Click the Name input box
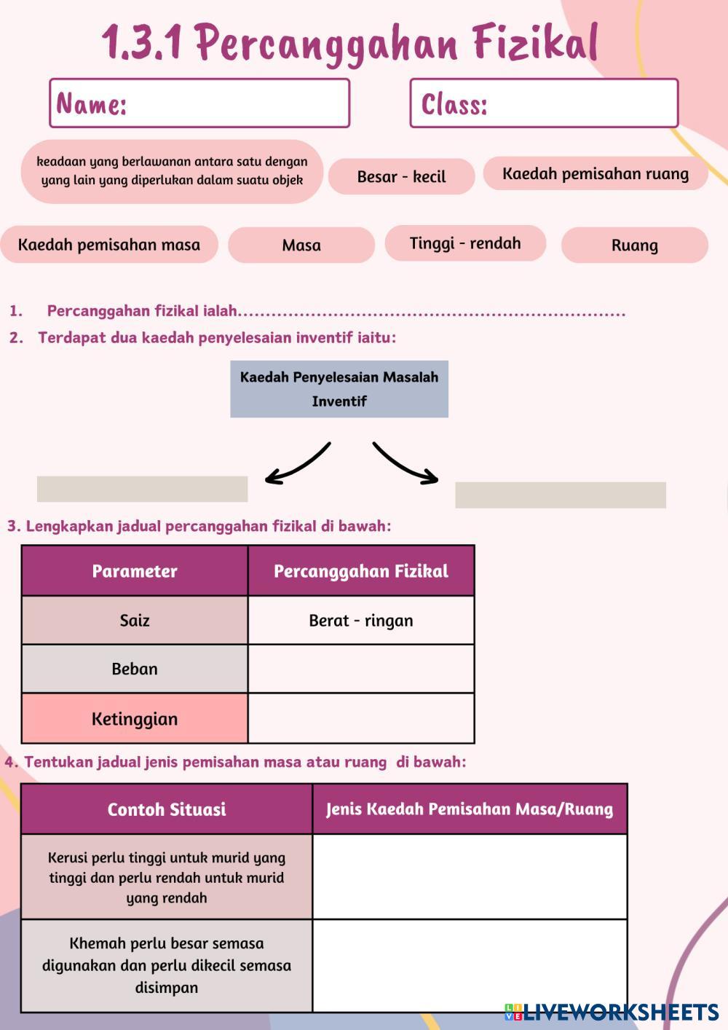tap(199, 103)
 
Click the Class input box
tap(544, 103)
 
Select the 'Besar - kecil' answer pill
tap(401, 176)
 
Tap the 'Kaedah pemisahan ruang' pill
tap(596, 173)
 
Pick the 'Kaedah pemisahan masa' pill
tap(109, 244)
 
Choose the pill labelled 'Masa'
tap(301, 245)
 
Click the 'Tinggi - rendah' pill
tap(466, 243)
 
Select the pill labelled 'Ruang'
tap(635, 245)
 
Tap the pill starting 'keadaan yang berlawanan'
tap(172, 171)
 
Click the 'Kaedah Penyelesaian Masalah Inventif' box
tap(339, 389)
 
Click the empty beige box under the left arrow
tap(143, 489)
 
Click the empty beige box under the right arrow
tap(561, 495)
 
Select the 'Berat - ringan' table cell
tap(361, 621)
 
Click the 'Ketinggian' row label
tap(135, 718)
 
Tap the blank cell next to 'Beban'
tap(361, 669)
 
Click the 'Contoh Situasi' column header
tap(167, 809)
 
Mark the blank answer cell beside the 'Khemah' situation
tap(470, 966)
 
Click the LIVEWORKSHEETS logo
tap(612, 1012)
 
